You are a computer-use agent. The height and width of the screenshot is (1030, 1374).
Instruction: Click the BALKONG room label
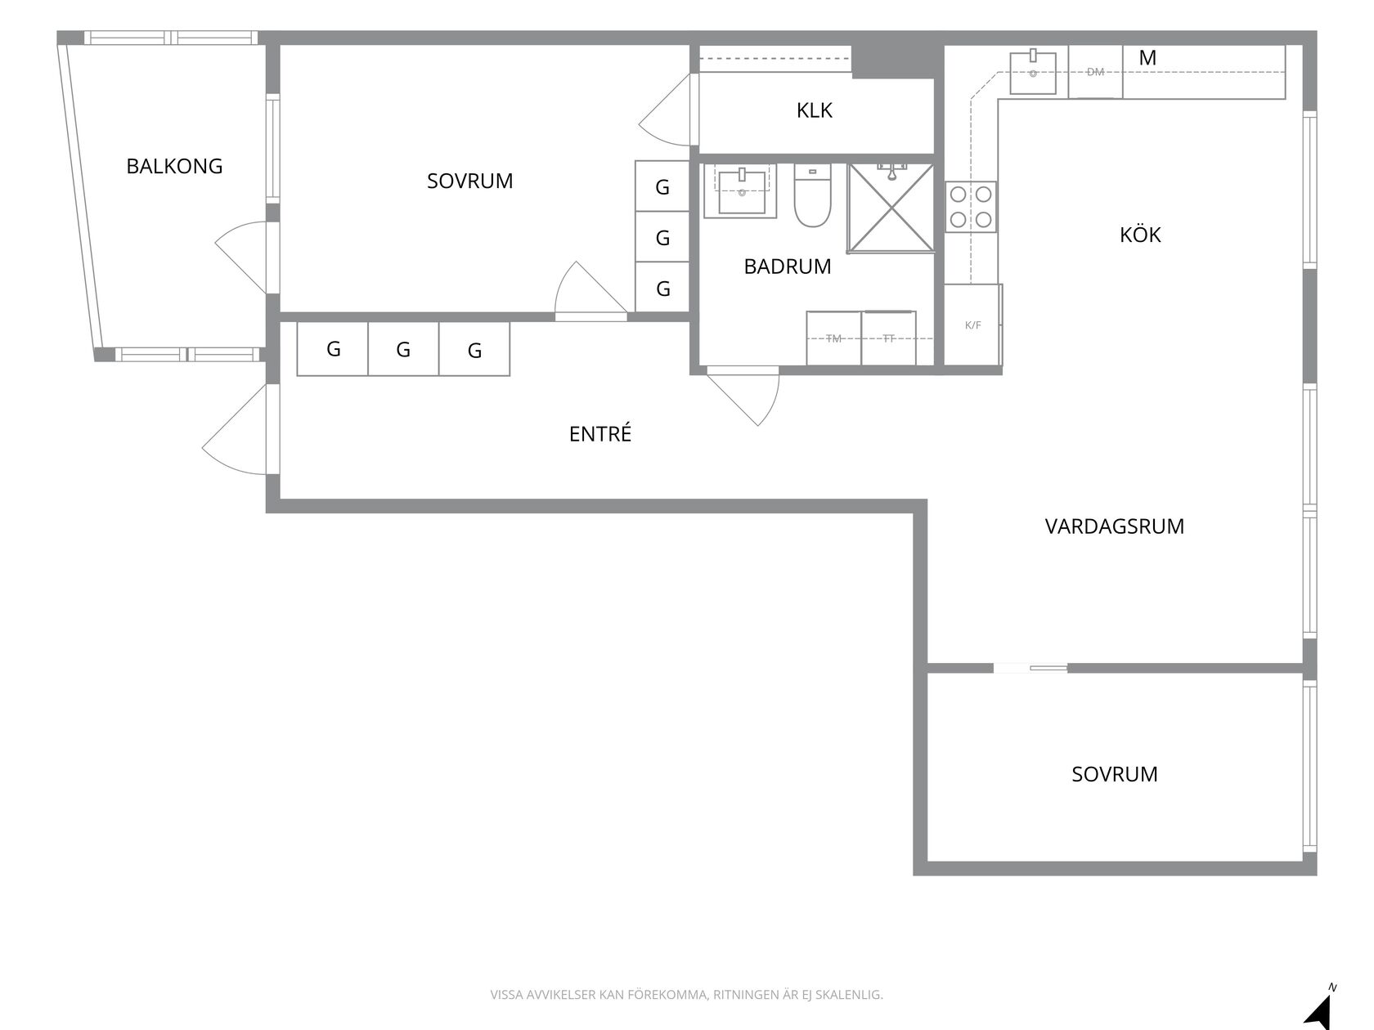click(174, 166)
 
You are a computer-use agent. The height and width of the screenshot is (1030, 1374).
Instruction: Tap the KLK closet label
click(814, 110)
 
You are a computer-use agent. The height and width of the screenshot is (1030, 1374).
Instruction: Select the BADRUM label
click(788, 267)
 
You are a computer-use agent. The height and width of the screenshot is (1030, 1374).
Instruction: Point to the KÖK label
click(1140, 235)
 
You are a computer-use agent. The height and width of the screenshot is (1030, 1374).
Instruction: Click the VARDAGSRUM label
click(1114, 526)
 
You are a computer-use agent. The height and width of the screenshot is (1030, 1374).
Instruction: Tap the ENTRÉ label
click(599, 433)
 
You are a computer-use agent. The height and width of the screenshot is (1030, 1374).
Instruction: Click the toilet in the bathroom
click(812, 195)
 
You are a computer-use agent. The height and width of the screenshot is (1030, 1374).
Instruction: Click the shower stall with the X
click(891, 208)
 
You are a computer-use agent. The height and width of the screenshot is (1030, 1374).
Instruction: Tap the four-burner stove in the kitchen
click(970, 207)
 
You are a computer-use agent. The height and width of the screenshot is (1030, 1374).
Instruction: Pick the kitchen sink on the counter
click(1033, 73)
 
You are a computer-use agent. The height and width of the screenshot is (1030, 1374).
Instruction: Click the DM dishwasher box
click(1095, 72)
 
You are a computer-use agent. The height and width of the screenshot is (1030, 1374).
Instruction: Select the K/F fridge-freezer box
click(972, 325)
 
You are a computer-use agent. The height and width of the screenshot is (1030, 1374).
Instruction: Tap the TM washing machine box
click(833, 338)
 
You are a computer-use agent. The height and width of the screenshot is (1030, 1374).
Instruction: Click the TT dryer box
click(889, 338)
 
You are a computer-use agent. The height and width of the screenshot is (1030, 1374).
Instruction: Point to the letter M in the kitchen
click(1147, 58)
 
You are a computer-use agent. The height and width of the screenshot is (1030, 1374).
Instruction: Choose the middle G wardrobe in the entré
click(404, 349)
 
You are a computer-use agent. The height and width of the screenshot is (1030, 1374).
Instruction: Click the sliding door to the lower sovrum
click(1030, 668)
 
